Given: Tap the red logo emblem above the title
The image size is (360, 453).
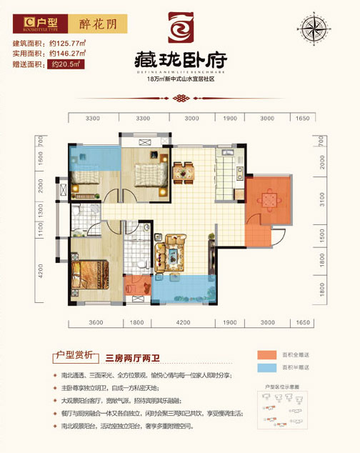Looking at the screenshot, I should pyautogui.click(x=180, y=28).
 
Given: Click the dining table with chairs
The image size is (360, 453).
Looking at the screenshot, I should pyautogui.click(x=184, y=171).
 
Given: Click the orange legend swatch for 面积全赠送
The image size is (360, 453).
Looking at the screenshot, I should pyautogui.click(x=265, y=355).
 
